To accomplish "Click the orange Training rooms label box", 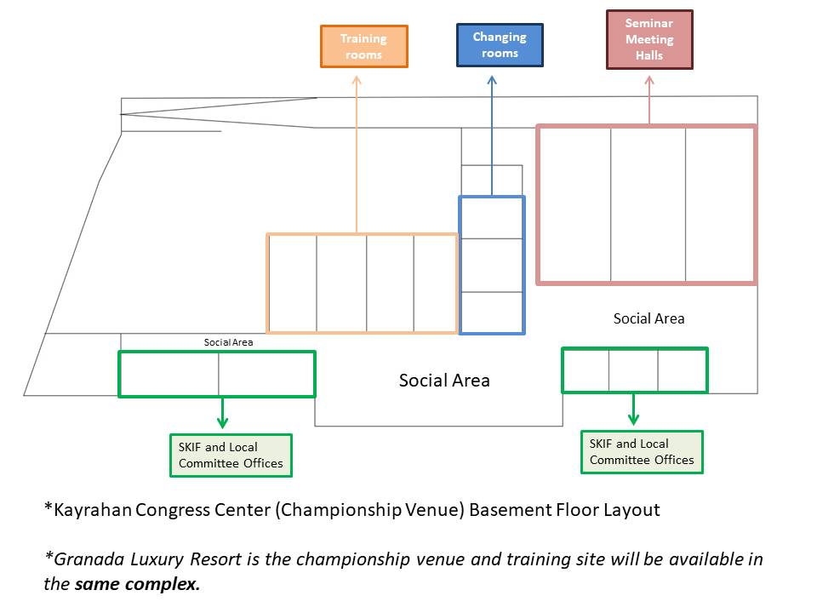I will (363, 47).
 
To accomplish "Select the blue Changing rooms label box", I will (500, 45).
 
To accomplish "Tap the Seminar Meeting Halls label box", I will (649, 39).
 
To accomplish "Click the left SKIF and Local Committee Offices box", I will (231, 455).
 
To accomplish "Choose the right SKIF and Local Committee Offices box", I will (642, 452).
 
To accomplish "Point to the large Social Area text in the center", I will (444, 381).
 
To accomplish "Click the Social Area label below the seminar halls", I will (648, 318).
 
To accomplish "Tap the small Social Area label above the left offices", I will (228, 342).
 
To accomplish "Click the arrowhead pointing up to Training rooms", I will (356, 80).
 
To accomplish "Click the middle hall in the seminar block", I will (648, 204).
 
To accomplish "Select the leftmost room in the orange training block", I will (293, 283).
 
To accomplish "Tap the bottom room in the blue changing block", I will (492, 312).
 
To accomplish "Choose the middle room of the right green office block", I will (633, 370).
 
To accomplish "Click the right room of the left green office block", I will (266, 374).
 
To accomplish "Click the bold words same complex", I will (137, 585).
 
